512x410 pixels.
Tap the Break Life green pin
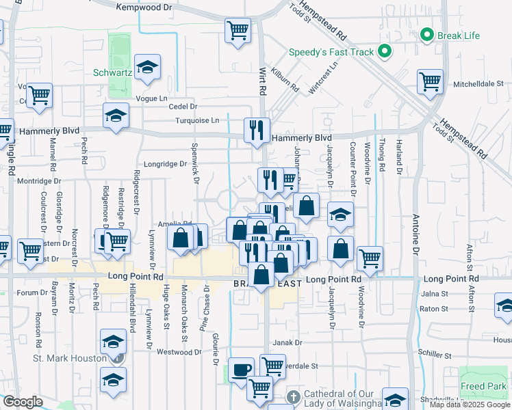coord(428,35)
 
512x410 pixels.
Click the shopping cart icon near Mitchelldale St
coord(430,82)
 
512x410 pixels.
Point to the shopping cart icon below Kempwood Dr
coord(238,30)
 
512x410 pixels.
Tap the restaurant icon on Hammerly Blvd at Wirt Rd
coord(257,129)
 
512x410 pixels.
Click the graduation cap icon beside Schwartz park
coord(147,67)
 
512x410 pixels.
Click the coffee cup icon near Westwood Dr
coord(240,370)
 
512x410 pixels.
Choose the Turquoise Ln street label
coord(196,120)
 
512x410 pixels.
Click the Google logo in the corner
coord(23,402)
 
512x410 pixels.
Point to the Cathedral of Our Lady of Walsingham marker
coord(293,396)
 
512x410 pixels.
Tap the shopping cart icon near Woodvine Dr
coord(370,258)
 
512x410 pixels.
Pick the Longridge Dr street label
coord(164,164)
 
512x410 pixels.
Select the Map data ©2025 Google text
coord(470,405)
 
